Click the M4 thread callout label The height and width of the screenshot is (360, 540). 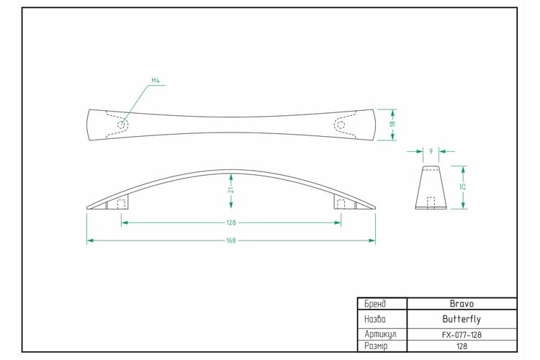point(156,81)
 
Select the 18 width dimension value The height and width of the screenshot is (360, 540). point(392,123)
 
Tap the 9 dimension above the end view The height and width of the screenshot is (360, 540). point(431,151)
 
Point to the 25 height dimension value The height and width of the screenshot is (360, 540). point(463,186)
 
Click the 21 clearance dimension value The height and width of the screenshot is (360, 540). point(231,190)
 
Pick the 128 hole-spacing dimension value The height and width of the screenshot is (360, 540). point(231,222)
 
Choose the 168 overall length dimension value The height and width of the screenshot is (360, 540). point(231,240)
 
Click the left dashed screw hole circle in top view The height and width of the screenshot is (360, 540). point(121,125)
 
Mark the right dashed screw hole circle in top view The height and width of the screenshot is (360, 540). point(341,125)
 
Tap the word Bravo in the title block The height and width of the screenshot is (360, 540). point(462,304)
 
